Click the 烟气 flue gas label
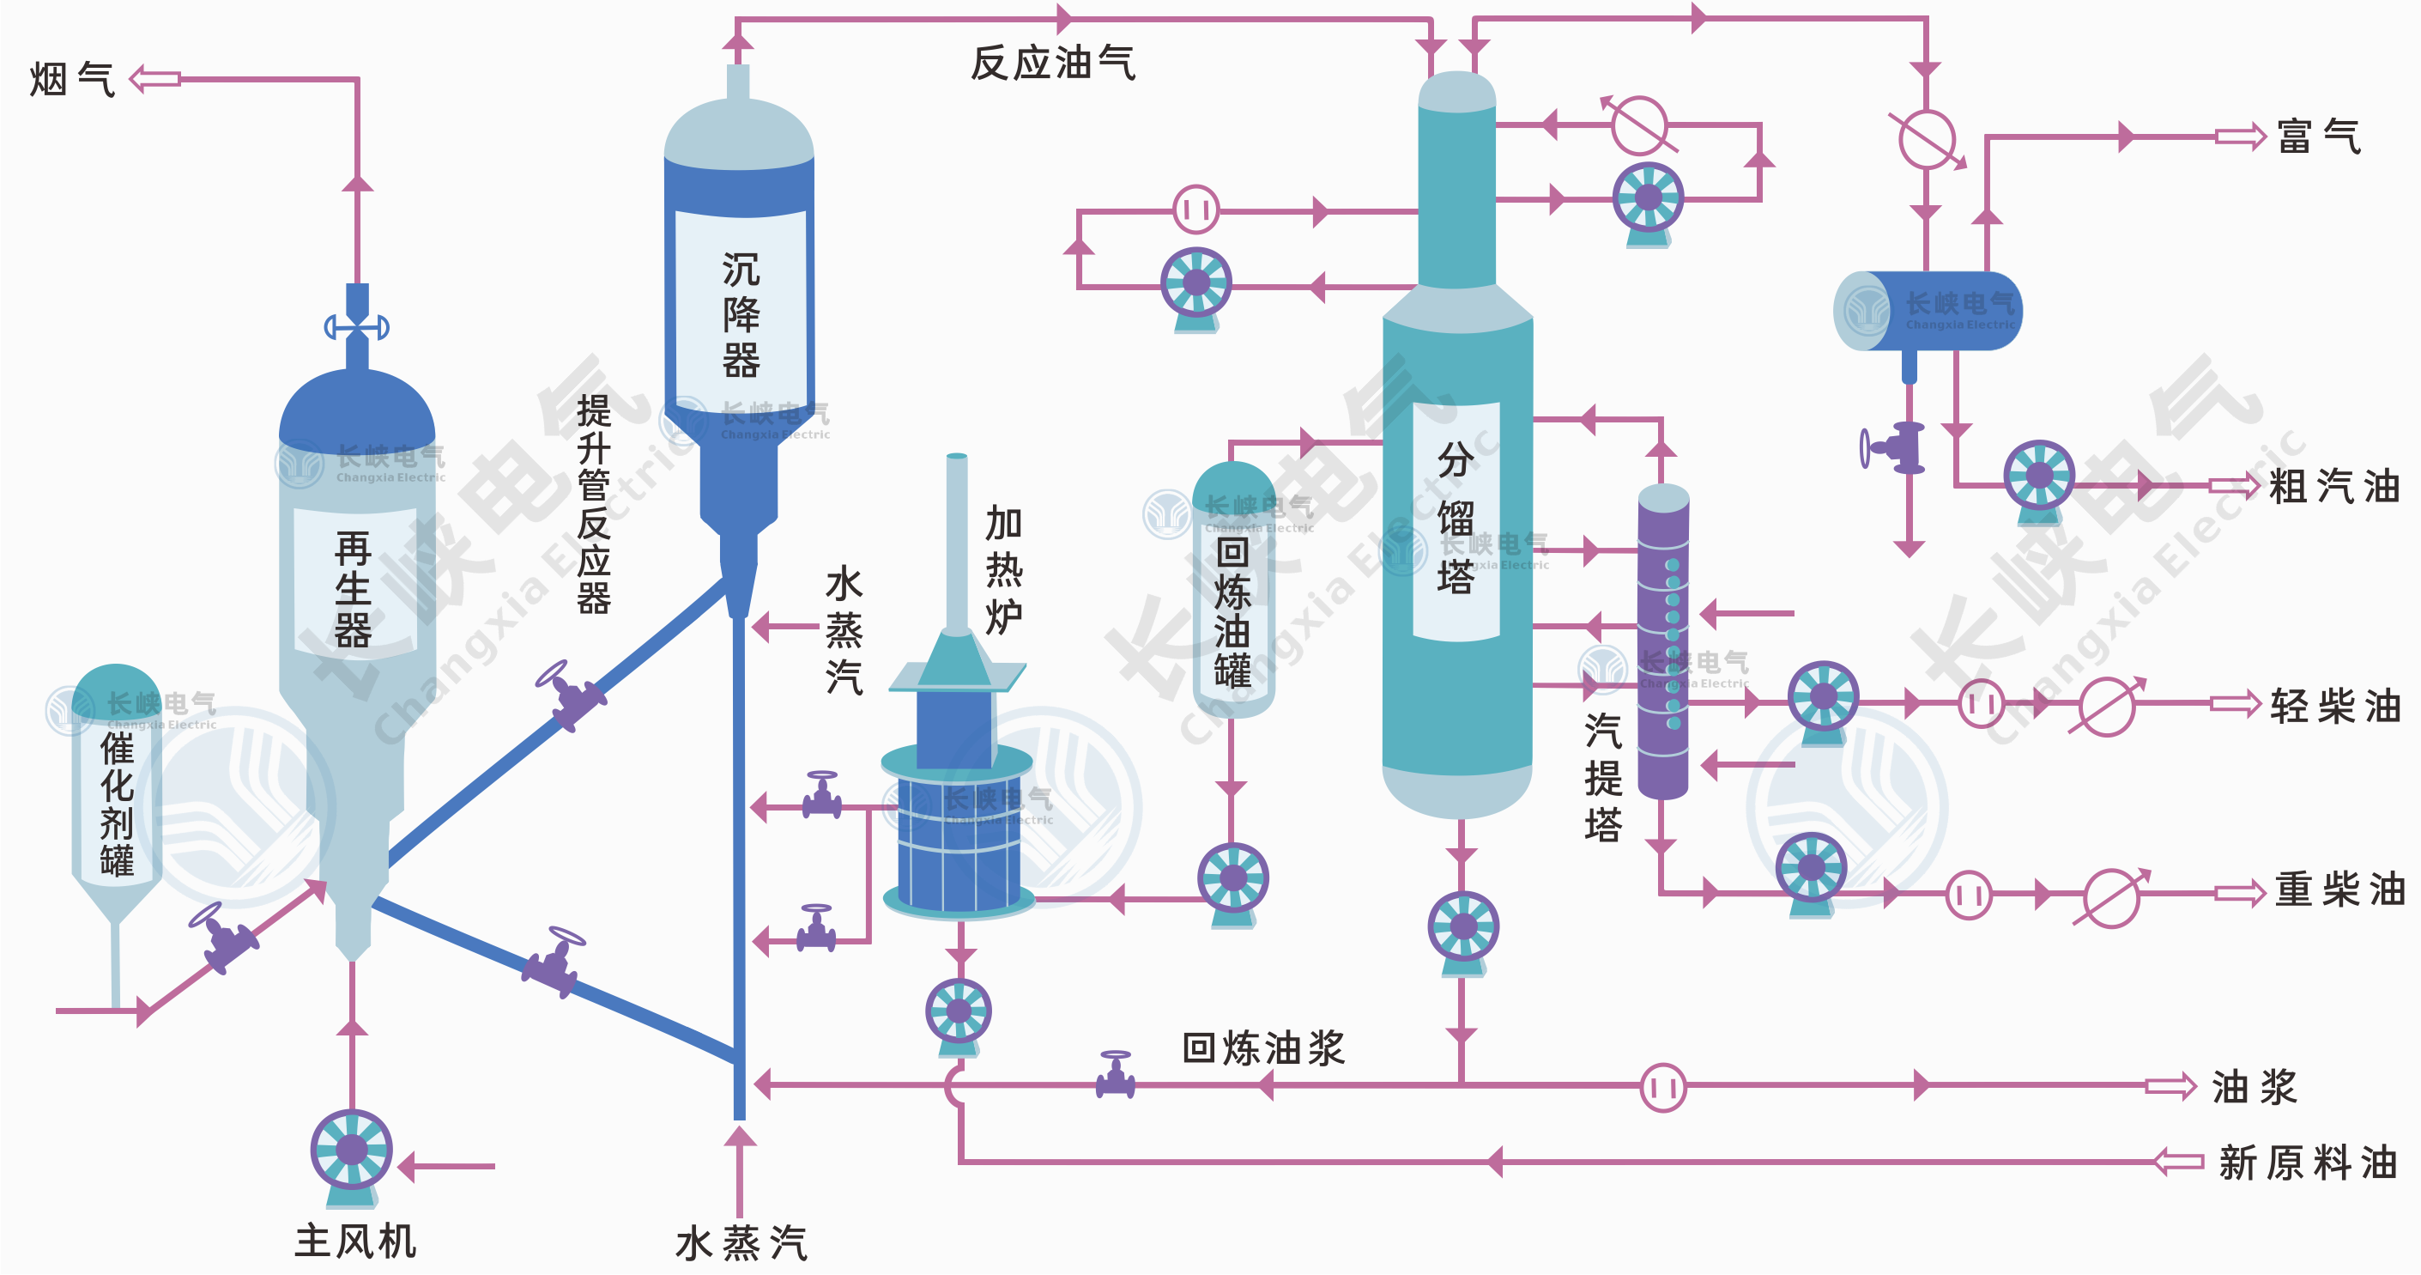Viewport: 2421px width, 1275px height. pos(71,79)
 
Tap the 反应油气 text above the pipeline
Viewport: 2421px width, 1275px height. pos(1053,63)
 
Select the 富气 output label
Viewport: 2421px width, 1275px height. pos(2319,137)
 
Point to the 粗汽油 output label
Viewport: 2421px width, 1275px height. pos(2333,486)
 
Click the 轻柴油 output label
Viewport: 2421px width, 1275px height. pos(2335,705)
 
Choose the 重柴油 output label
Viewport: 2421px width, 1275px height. pos(2339,889)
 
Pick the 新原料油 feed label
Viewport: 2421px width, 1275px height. pos(2307,1163)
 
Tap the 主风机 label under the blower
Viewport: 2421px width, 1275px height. pos(355,1242)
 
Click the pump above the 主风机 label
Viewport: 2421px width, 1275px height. pos(352,1152)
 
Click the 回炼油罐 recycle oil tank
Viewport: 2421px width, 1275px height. pos(1232,592)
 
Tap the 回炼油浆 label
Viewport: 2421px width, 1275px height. pos(1263,1047)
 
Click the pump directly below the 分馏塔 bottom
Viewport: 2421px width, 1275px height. pos(1462,929)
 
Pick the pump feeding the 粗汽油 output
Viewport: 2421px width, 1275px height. pos(2038,477)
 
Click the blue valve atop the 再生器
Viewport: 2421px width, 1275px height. pos(357,326)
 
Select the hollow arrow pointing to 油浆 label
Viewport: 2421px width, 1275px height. pos(2170,1087)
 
